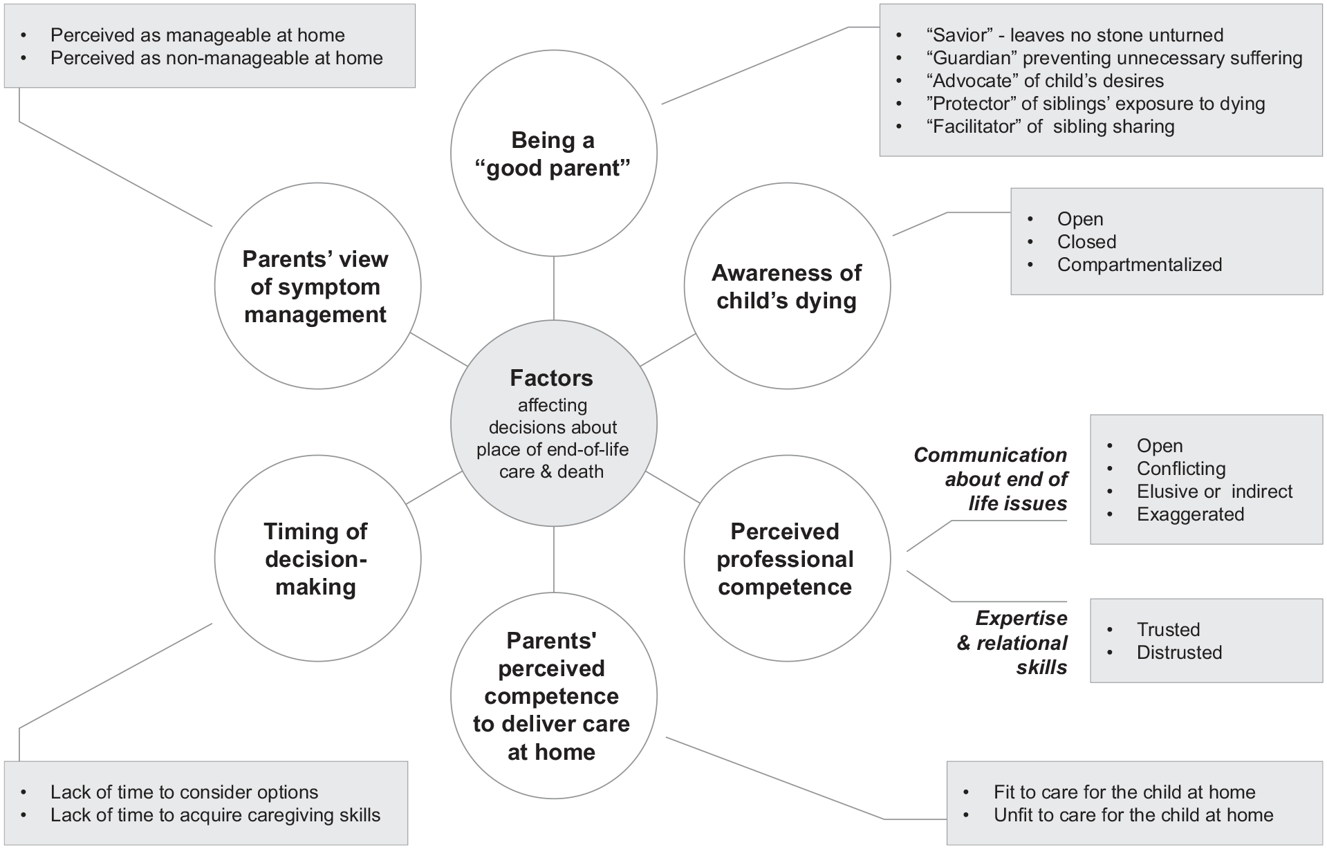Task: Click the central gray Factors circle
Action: [x=553, y=423]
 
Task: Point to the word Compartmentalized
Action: [x=1140, y=265]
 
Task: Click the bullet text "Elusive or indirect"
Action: [x=1214, y=492]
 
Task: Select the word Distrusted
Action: [x=1179, y=653]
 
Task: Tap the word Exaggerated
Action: [x=1190, y=514]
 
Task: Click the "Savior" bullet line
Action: [x=1075, y=35]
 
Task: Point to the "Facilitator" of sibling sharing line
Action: [x=1050, y=127]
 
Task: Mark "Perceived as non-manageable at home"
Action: [x=216, y=58]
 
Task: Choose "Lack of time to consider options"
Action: [x=184, y=792]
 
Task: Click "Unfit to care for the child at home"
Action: [x=1133, y=815]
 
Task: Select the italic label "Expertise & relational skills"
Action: [x=1012, y=642]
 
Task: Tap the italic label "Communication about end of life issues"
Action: [x=990, y=479]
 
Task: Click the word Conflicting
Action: [x=1181, y=469]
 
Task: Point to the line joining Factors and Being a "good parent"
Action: [x=554, y=288]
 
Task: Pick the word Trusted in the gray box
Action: [x=1168, y=630]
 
